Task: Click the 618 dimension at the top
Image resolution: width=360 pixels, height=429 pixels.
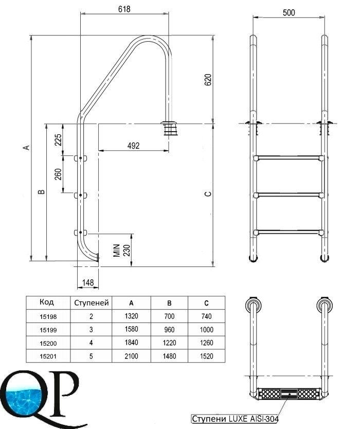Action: point(124,9)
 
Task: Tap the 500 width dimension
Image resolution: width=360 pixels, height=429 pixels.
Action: point(289,12)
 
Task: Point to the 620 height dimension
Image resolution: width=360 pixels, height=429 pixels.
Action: point(208,80)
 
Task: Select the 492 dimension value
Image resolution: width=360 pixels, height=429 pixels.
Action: point(133,146)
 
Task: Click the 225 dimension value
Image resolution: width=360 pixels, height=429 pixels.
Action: point(58,139)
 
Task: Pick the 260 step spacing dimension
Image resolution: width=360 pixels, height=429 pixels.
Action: point(58,174)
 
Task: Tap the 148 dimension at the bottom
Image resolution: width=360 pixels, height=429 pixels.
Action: point(88,282)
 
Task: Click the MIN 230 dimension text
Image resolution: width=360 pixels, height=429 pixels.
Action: point(122,251)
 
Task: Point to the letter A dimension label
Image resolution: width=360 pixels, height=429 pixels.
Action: point(27,148)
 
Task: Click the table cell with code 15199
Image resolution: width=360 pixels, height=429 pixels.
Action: point(48,330)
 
